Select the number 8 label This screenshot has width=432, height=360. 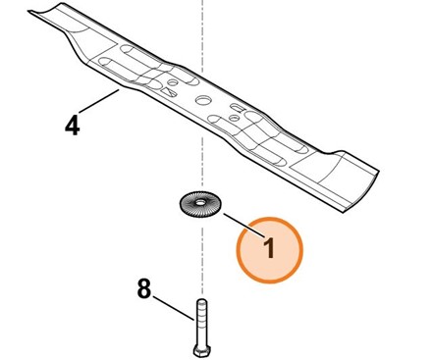[x=143, y=289]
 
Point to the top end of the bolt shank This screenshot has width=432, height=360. [x=200, y=302]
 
